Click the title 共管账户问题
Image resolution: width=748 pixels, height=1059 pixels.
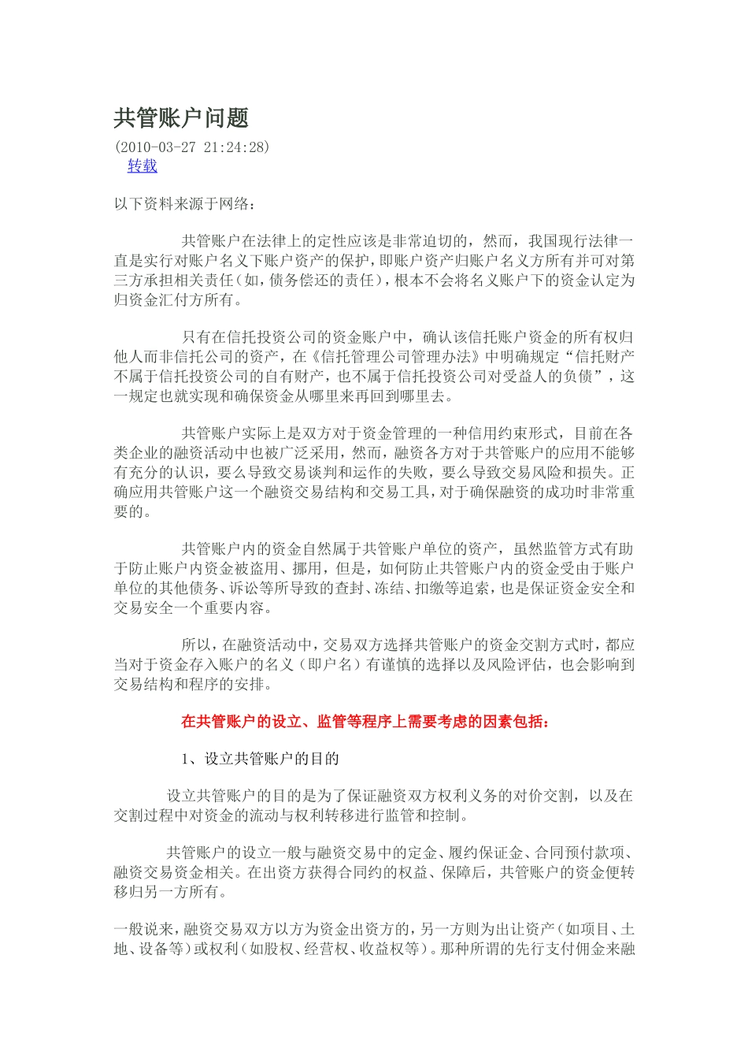[181, 118]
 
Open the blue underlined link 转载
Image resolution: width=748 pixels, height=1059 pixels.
[143, 165]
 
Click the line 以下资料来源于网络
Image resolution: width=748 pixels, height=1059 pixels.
[184, 204]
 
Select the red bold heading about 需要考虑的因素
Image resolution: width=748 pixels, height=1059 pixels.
[365, 721]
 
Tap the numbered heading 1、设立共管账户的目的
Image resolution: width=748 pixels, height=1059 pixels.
[260, 759]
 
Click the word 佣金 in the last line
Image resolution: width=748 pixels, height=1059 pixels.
[577, 949]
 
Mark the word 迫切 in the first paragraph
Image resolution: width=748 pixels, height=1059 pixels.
[441, 241]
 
